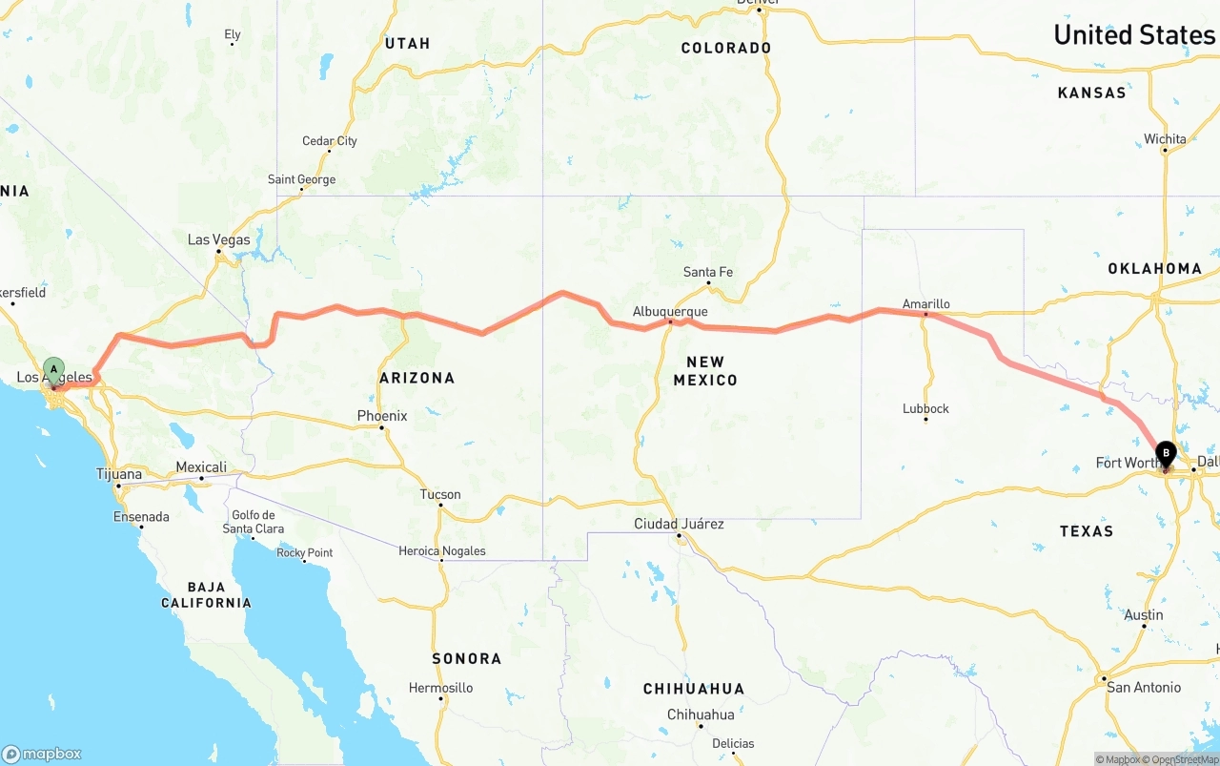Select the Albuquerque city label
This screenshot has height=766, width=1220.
tap(670, 312)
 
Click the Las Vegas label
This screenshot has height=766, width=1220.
tap(218, 239)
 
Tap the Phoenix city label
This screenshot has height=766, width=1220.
tap(381, 416)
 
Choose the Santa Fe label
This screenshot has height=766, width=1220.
tap(708, 273)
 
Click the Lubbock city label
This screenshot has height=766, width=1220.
tap(925, 408)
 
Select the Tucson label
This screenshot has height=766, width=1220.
tap(439, 494)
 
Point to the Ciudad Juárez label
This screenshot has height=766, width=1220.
tap(679, 524)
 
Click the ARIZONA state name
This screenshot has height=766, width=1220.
tap(417, 378)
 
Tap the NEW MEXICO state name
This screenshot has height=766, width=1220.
tap(705, 371)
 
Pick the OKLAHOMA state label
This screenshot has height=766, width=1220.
tap(1154, 269)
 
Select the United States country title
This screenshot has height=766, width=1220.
tap(1133, 35)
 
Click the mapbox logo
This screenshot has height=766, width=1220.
tap(42, 754)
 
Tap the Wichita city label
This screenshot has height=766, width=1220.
tap(1165, 139)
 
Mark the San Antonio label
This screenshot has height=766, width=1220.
tap(1143, 687)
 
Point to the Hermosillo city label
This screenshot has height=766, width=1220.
tap(440, 688)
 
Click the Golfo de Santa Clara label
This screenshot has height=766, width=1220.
tap(253, 522)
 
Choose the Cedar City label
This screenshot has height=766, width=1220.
tap(330, 141)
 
